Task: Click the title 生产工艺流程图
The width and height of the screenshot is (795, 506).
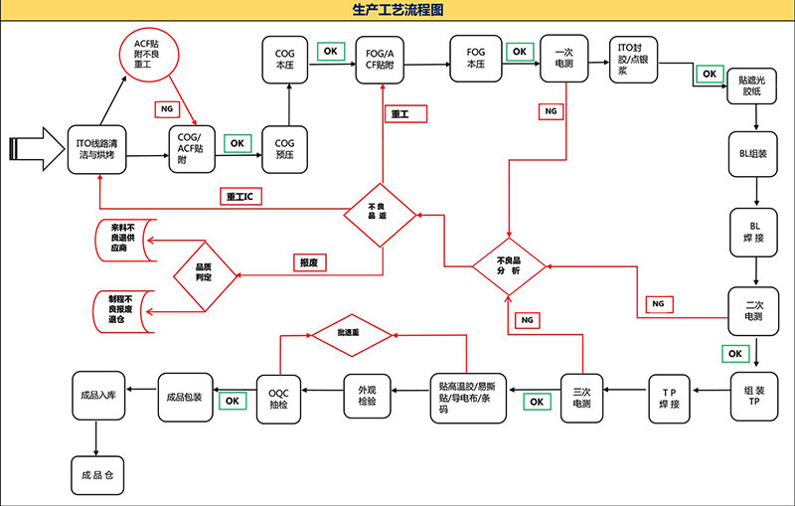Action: tap(397, 10)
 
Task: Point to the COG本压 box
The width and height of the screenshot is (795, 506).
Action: tap(287, 57)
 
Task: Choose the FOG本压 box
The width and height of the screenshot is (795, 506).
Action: tap(475, 58)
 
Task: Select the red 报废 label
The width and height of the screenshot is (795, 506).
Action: tap(308, 262)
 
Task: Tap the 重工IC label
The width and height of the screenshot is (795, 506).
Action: tap(238, 197)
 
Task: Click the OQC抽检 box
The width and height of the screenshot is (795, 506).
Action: tap(278, 396)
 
